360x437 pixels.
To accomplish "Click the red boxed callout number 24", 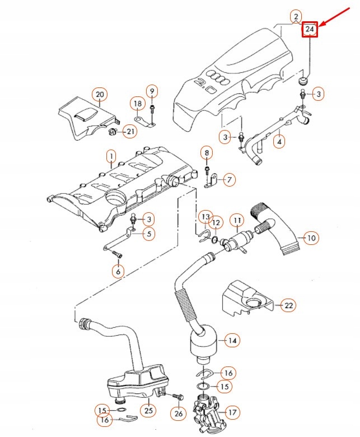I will pyautogui.click(x=310, y=29).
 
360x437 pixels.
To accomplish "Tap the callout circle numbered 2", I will pyautogui.click(x=296, y=17).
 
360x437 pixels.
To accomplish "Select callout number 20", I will pyautogui.click(x=100, y=94).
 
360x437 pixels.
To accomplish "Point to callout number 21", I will pyautogui.click(x=130, y=132).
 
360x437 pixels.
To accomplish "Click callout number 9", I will pyautogui.click(x=152, y=91).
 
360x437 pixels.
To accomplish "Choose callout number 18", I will pyautogui.click(x=137, y=103).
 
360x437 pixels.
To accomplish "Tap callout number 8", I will pyautogui.click(x=206, y=152).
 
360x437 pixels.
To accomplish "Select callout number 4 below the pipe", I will pyautogui.click(x=279, y=142).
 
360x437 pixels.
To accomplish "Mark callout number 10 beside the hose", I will pyautogui.click(x=311, y=238).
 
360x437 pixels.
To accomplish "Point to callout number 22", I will pyautogui.click(x=288, y=305).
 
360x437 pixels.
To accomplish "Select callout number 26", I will pyautogui.click(x=178, y=414).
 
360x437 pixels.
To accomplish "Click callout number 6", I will pyautogui.click(x=118, y=272).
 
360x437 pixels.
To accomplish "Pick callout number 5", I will pyautogui.click(x=148, y=234).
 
